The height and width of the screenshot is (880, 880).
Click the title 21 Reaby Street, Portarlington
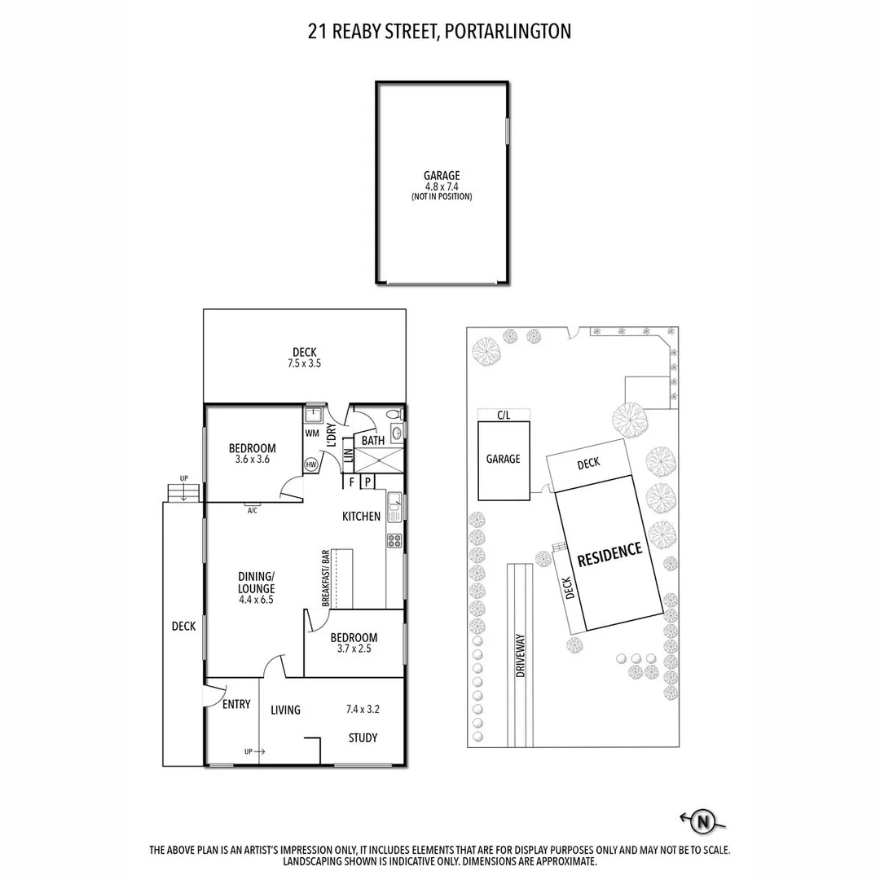tap(440, 32)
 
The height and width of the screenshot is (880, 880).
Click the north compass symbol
tap(702, 822)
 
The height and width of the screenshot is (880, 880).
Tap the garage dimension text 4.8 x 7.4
tap(441, 187)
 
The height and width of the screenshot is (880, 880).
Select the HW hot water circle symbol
tap(311, 464)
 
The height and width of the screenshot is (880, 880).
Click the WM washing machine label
tap(312, 433)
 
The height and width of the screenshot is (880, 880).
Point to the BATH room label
tap(373, 441)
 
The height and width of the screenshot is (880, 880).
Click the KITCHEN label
tap(361, 517)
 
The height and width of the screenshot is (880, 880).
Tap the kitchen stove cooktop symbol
tap(394, 539)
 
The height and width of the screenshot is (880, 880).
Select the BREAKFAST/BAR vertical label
tap(325, 579)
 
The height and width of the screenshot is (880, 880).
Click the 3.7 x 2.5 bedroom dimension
tap(354, 649)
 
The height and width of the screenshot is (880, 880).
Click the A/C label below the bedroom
tap(252, 510)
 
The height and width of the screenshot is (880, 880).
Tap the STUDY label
tap(363, 738)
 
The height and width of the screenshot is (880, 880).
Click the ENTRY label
tap(236, 704)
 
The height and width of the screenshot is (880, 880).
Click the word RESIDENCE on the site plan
tap(609, 554)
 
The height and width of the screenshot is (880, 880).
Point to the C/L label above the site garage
tap(504, 416)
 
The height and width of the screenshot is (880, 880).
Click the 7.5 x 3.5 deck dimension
tap(304, 364)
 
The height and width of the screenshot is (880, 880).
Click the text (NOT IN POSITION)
tap(441, 197)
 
